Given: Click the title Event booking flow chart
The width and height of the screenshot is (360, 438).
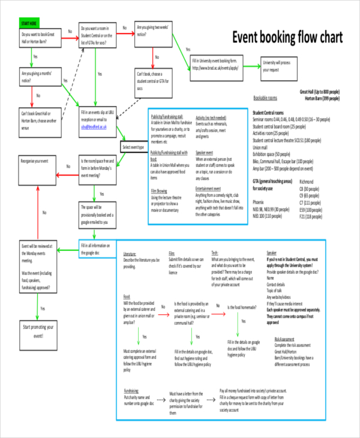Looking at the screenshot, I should point(287,37).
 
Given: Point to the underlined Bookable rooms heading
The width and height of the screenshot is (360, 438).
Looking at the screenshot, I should point(265,98).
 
